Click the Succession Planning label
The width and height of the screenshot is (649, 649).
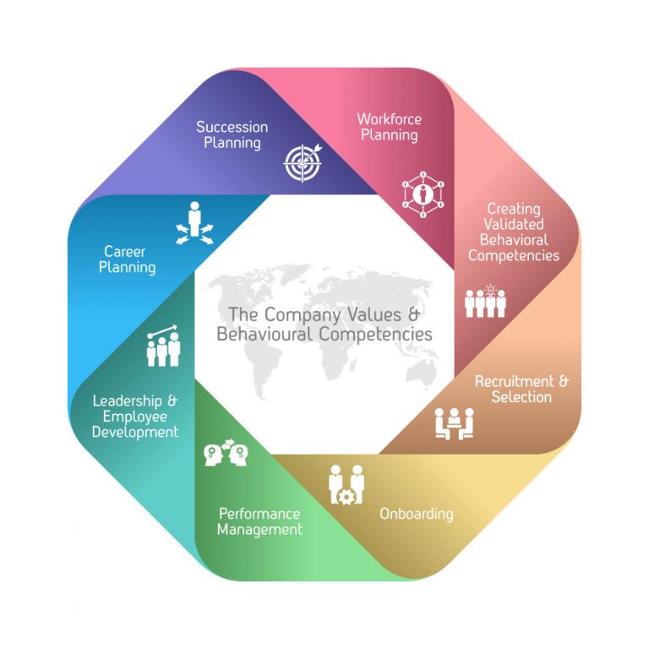point(232,135)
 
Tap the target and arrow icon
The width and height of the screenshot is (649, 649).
point(303,162)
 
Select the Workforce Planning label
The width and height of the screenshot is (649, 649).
point(389,127)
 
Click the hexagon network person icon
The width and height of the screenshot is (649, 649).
point(423,194)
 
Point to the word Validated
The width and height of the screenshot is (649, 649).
point(514,224)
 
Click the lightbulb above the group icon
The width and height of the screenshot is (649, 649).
point(490,290)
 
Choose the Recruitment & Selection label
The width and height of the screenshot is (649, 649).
point(521,389)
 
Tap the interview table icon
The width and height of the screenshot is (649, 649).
point(455,424)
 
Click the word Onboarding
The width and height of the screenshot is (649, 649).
point(417,514)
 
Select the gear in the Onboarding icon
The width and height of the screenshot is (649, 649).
point(345,496)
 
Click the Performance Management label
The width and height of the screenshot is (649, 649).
point(259,522)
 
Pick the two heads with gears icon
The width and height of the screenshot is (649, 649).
point(226,453)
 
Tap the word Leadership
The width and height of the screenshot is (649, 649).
point(127,401)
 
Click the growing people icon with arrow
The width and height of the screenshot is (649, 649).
point(163,346)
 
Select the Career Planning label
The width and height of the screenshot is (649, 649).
point(127,259)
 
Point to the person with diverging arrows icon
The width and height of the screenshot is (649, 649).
point(194,223)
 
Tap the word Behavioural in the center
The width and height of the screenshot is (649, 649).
point(264,335)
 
